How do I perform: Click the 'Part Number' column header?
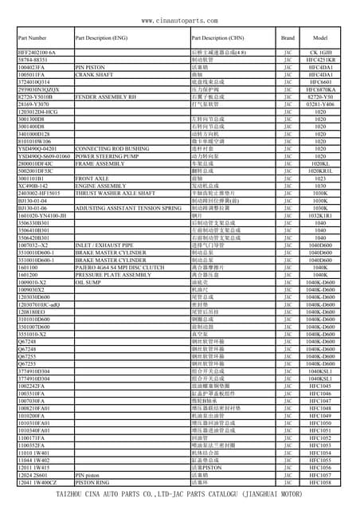[x=32, y=38]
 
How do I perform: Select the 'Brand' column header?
[x=288, y=38]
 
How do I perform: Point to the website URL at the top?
[x=180, y=20]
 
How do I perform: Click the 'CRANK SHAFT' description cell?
[x=94, y=75]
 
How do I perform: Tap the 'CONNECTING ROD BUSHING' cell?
[x=110, y=148]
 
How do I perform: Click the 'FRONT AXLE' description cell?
[x=92, y=178]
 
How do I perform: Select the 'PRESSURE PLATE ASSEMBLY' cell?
[x=112, y=274]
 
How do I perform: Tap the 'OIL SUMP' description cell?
[x=88, y=282]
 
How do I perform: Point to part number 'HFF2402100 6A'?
[x=37, y=53]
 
